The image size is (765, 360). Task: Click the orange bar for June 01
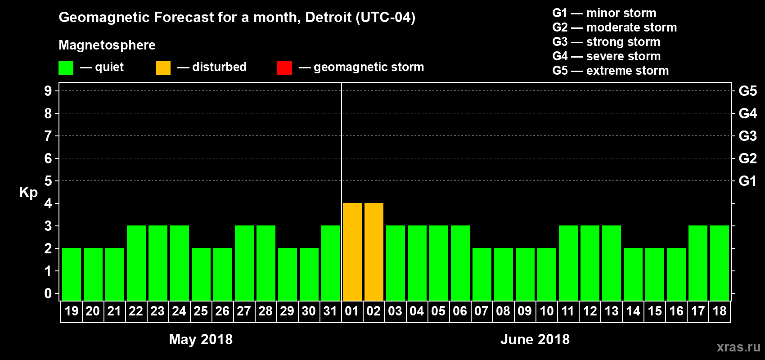(x=352, y=252)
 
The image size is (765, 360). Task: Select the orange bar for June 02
(x=373, y=252)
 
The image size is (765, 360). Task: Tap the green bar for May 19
(x=72, y=274)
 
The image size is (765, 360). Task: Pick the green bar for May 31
(x=331, y=263)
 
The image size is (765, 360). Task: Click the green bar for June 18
(x=720, y=263)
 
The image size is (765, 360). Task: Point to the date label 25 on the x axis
(x=201, y=311)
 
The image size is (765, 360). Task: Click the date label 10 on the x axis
(x=546, y=311)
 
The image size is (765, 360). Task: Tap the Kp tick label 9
(x=48, y=91)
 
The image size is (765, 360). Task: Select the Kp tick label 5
(x=48, y=181)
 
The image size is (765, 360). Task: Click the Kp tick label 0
(x=48, y=293)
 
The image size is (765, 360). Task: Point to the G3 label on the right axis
(x=747, y=136)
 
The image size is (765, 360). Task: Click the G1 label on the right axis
(x=747, y=181)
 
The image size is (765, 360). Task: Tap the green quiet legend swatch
(x=66, y=68)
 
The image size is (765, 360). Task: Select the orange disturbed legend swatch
(x=163, y=68)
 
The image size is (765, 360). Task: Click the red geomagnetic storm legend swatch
(x=284, y=68)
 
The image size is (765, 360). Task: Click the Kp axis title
(x=28, y=192)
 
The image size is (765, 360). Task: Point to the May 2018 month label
(x=201, y=339)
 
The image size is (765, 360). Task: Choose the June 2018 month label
(x=535, y=339)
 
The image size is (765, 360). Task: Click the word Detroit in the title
(x=328, y=17)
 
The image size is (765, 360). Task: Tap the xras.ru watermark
(x=738, y=347)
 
